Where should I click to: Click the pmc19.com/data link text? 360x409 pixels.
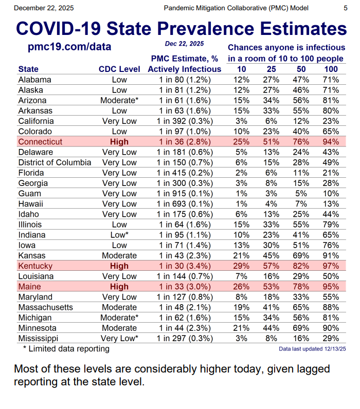coord(69,47)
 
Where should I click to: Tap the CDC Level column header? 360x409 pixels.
coord(119,69)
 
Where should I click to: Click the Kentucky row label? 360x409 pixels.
coord(35,266)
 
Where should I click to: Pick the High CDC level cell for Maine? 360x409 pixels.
coord(119,286)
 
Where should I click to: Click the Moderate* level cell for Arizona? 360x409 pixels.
coord(119,100)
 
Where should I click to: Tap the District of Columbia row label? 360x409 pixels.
coord(55,162)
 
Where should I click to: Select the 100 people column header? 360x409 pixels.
coord(331,69)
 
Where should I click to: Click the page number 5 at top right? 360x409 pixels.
coord(345,8)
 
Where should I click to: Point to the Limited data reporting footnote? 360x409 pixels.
coord(66,349)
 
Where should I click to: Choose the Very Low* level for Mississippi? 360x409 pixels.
coord(119,338)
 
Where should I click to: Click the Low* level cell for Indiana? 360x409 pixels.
coord(119,235)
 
